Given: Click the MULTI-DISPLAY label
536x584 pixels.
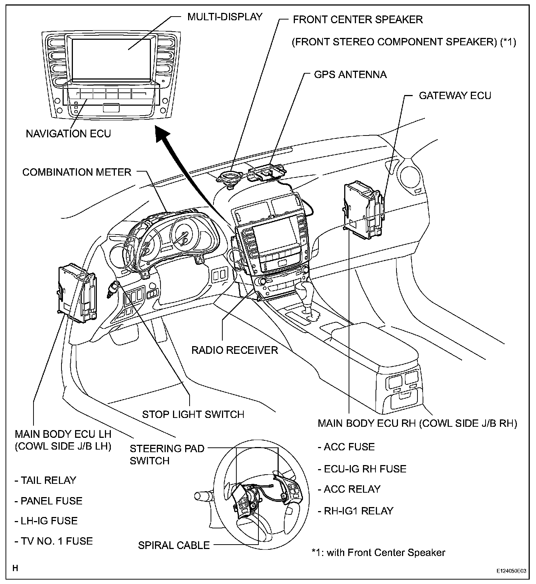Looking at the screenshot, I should click(x=225, y=17).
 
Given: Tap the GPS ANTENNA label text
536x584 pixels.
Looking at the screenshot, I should click(x=350, y=75).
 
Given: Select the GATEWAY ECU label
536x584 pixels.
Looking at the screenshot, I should click(x=455, y=96).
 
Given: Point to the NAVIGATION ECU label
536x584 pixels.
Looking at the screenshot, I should click(x=68, y=133).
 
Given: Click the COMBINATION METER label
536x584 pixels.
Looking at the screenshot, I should click(x=77, y=172).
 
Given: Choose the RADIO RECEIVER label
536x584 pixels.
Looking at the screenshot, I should click(x=235, y=350).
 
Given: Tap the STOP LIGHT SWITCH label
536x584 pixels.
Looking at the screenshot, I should click(x=193, y=414).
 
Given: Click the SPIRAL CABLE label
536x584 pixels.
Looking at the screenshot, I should click(x=174, y=545).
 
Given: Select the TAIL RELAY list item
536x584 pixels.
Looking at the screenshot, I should click(x=45, y=480).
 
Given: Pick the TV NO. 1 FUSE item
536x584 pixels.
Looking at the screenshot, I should click(x=54, y=541).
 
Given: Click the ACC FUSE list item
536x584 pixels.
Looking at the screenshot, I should click(x=346, y=447).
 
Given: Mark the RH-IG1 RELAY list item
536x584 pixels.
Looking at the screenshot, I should click(x=356, y=511).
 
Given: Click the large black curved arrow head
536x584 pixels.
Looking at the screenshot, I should click(x=162, y=134).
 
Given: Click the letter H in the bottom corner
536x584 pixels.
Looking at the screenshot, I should click(x=15, y=568).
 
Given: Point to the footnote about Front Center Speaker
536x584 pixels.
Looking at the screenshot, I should click(x=378, y=552).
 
